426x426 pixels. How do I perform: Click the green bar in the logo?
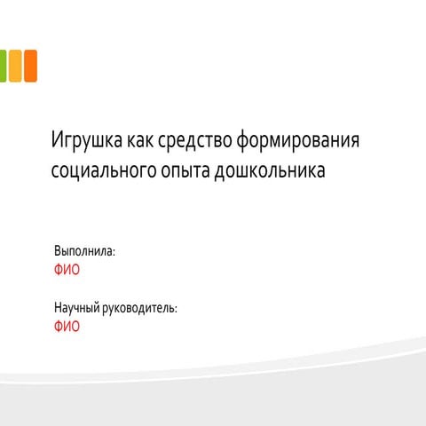click(x=3, y=66)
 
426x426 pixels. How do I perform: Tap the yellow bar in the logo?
click(x=15, y=66)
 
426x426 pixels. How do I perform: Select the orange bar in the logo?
click(x=31, y=66)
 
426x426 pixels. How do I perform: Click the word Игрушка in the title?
click(x=87, y=140)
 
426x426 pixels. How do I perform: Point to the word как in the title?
click(x=140, y=140)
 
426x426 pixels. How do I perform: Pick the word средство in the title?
click(x=194, y=140)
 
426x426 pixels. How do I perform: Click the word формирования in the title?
click(x=298, y=140)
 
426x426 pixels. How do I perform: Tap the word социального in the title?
click(x=104, y=170)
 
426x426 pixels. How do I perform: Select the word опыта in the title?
click(x=185, y=171)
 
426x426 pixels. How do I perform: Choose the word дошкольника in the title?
click(x=270, y=170)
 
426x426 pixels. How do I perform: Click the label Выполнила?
click(x=84, y=251)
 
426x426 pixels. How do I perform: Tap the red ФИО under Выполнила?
click(x=67, y=270)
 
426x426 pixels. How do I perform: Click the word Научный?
click(x=77, y=308)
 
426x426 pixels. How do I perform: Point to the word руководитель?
click(x=139, y=308)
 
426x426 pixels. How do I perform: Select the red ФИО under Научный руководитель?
click(x=67, y=327)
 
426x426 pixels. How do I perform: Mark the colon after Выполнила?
click(x=114, y=253)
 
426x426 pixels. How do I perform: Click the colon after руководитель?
click(x=176, y=310)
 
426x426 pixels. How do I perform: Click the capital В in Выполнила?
click(x=58, y=251)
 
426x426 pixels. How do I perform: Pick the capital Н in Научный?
click(x=58, y=308)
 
